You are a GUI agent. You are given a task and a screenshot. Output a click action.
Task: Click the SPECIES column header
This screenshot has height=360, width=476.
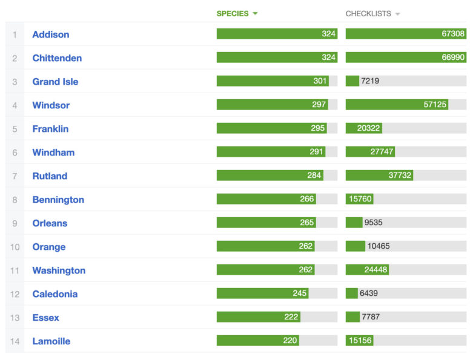click(233, 14)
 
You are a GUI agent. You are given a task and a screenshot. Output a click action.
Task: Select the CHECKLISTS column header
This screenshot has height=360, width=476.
click(368, 14)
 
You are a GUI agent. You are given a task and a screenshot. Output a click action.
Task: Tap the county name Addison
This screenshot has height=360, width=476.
click(51, 34)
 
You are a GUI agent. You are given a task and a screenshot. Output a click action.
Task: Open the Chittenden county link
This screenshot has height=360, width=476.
click(57, 58)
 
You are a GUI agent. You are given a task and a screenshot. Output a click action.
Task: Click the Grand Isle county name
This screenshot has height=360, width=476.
click(55, 82)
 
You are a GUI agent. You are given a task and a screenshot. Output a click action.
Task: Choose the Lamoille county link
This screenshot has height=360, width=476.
click(51, 341)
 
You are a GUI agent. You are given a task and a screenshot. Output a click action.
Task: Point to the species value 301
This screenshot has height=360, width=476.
click(319, 81)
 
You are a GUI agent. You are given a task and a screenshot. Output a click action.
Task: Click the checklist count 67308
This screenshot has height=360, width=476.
click(453, 34)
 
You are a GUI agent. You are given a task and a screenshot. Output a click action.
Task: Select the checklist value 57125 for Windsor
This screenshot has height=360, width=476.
click(435, 105)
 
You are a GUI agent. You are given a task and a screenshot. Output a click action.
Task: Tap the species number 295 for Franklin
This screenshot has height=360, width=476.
click(318, 128)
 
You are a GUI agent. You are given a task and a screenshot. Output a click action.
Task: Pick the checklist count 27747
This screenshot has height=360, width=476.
click(382, 152)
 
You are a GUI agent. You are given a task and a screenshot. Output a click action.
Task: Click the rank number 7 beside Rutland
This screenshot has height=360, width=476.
click(15, 176)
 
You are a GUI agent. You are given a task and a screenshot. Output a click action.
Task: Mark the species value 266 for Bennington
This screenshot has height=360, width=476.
click(306, 199)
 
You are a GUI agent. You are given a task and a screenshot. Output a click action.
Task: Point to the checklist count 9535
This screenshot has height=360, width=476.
click(373, 223)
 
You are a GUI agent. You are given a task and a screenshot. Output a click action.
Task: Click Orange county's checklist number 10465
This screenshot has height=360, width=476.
click(378, 246)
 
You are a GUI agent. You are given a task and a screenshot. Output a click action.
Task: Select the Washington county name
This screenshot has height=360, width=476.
click(59, 270)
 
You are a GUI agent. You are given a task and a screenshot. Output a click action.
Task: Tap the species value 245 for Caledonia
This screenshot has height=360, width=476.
click(300, 293)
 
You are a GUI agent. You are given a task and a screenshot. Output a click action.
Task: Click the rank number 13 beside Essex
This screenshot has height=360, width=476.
click(15, 318)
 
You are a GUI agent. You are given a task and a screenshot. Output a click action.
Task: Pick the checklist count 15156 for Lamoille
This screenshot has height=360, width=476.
click(360, 341)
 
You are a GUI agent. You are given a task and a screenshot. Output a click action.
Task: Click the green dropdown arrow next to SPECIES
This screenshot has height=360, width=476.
click(256, 14)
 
